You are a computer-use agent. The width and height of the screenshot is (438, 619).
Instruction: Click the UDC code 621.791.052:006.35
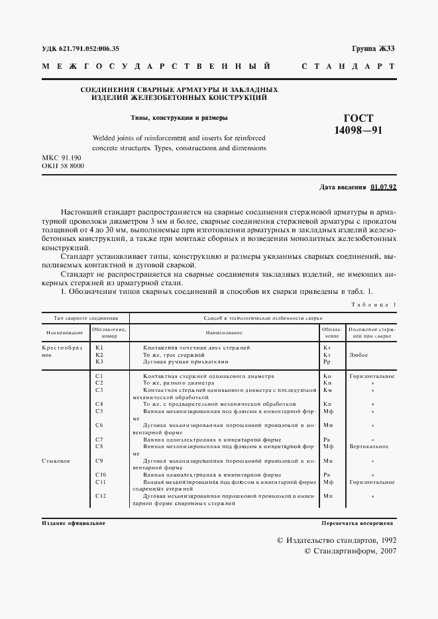(81, 49)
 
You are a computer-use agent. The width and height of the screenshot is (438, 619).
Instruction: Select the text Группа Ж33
(373, 49)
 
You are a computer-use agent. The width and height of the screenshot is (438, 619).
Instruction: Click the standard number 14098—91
(358, 130)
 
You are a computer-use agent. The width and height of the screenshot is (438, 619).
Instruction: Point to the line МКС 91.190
(62, 159)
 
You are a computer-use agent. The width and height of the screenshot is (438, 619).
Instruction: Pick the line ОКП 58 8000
(63, 167)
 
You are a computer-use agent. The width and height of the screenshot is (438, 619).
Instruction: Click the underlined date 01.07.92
(383, 187)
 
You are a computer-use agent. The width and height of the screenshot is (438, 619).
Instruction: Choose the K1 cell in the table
(99, 348)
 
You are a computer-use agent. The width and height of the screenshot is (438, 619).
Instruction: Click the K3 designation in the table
(99, 361)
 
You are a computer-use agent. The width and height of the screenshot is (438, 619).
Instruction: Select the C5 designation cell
(99, 410)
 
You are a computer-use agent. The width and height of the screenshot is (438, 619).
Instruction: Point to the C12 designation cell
(100, 496)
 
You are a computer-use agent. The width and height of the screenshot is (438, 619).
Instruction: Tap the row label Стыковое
(56, 460)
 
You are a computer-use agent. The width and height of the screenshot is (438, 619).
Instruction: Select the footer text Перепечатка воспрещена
(358, 523)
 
